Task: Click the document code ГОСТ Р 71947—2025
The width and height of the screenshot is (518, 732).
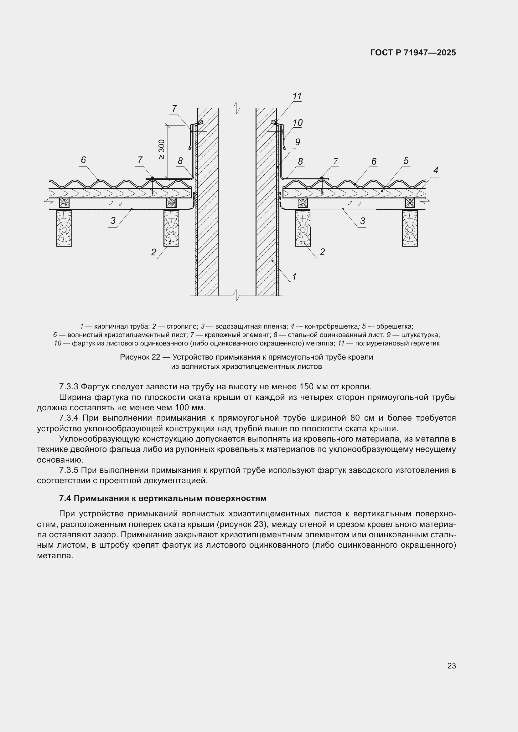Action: [413, 53]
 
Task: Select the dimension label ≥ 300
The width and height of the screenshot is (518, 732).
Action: [162, 149]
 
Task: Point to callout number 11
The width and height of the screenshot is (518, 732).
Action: [297, 96]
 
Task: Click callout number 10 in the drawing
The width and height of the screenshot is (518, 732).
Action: [298, 123]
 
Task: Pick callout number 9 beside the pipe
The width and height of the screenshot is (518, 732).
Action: [298, 142]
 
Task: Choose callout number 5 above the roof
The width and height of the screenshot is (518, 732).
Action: [406, 161]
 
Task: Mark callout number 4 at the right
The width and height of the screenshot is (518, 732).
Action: [436, 170]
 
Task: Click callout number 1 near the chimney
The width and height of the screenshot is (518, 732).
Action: [294, 277]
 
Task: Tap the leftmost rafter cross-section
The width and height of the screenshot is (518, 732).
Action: [64, 228]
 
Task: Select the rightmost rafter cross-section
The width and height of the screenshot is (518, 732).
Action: [410, 228]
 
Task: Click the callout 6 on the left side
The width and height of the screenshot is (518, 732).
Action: [83, 160]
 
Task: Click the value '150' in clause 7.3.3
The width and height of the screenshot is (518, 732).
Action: [307, 387]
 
